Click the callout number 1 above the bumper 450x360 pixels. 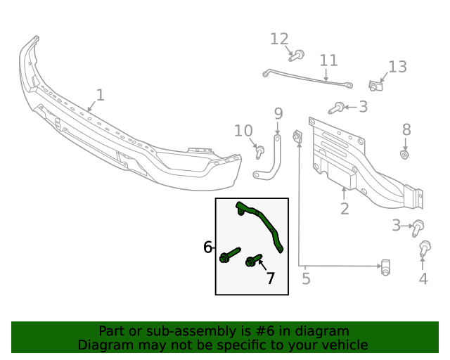(100, 94)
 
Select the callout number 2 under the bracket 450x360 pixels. (345, 208)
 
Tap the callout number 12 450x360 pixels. (279, 39)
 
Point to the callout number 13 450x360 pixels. (397, 67)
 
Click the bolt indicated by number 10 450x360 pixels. (259, 149)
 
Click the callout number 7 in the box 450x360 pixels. (270, 278)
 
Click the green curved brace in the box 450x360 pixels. (264, 221)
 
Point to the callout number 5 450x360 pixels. (306, 278)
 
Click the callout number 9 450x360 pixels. (278, 113)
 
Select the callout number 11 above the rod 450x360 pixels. (328, 60)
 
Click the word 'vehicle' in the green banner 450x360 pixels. (342, 345)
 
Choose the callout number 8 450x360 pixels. (406, 129)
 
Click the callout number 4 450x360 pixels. (423, 278)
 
